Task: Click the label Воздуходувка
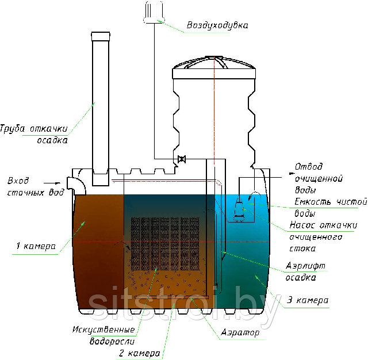click(x=217, y=25)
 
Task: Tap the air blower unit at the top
click(x=154, y=12)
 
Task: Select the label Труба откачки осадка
click(x=34, y=134)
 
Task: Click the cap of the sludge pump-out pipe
click(x=101, y=36)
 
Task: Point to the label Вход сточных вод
click(x=36, y=187)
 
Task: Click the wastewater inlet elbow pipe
click(x=76, y=186)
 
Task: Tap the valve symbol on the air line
click(x=182, y=159)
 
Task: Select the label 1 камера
click(x=36, y=246)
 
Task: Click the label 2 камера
click(x=140, y=353)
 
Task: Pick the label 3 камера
click(x=308, y=300)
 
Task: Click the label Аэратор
click(x=240, y=332)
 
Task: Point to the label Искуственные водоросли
click(x=103, y=335)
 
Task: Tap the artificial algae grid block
click(x=165, y=244)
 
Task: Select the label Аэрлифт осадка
click(x=305, y=272)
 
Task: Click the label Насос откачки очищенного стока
click(x=323, y=237)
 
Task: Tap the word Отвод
click(x=309, y=166)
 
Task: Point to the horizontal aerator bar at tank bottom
click(x=171, y=297)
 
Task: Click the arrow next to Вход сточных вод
click(x=52, y=183)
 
